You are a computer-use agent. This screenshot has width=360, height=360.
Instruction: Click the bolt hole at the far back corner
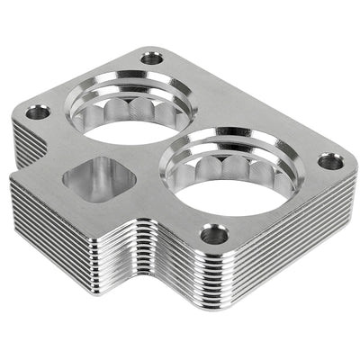tap(152, 58)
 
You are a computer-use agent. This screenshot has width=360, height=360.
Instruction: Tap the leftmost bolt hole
tap(38, 113)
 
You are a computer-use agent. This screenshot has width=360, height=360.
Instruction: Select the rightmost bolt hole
tap(330, 162)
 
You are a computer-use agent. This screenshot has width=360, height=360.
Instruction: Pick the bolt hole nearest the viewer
tap(214, 235)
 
